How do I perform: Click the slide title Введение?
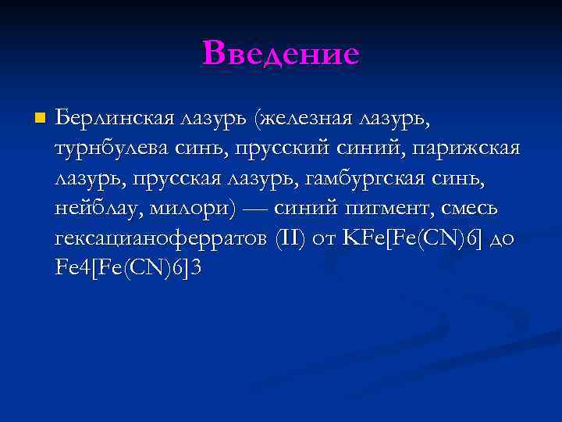click(281, 54)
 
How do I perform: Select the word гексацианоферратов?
click(161, 239)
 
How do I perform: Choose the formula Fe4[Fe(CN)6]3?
click(128, 269)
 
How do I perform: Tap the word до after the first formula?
click(503, 239)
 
